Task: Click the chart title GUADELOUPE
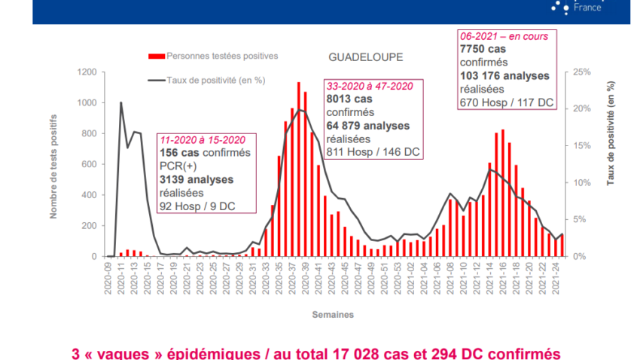pyautogui.click(x=365, y=57)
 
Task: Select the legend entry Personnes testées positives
pyautogui.click(x=222, y=56)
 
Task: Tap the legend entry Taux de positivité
pyautogui.click(x=215, y=78)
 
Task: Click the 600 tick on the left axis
pyautogui.click(x=87, y=164)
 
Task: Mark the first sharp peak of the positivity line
pyautogui.click(x=121, y=102)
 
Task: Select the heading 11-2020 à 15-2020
pyautogui.click(x=202, y=140)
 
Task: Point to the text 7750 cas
pyautogui.click(x=485, y=48)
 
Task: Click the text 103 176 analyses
pyautogui.click(x=504, y=75)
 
